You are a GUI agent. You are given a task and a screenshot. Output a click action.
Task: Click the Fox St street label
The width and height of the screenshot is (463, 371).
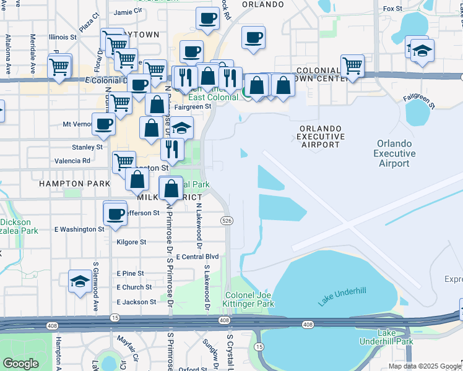pyautogui.click(x=392, y=9)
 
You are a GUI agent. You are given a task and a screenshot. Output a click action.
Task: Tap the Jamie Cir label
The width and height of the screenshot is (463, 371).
pyautogui.click(x=128, y=12)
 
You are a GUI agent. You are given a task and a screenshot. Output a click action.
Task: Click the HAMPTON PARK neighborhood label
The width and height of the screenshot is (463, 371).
pyautogui.click(x=74, y=184)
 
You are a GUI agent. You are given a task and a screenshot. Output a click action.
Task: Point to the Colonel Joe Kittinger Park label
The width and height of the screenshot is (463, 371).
pyautogui.click(x=249, y=299)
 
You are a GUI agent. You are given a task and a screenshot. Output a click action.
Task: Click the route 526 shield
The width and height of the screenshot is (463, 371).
pyautogui.click(x=227, y=221)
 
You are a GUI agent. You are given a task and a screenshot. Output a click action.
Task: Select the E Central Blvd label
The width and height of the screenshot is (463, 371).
pyautogui.click(x=197, y=257)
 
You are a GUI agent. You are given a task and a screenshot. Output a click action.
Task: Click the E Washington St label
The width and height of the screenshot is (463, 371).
pyautogui.click(x=79, y=229)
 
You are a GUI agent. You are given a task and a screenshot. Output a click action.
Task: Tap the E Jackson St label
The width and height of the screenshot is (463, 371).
pyautogui.click(x=136, y=302)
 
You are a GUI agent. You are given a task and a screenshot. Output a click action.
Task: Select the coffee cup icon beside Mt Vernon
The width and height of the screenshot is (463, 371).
pyautogui.click(x=103, y=124)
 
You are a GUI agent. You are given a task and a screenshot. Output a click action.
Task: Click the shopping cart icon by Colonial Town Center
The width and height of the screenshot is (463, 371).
pyautogui.click(x=352, y=65)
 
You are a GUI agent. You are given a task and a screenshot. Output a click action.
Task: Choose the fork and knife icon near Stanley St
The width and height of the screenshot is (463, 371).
pyautogui.click(x=171, y=148)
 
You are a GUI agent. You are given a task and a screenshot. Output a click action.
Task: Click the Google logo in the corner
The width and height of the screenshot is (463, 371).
pyautogui.click(x=20, y=364)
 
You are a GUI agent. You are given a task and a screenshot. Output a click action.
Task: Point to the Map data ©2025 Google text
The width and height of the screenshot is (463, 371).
pyautogui.click(x=425, y=366)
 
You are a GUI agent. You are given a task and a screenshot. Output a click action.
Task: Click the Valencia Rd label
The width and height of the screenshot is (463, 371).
pyautogui.click(x=73, y=161)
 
